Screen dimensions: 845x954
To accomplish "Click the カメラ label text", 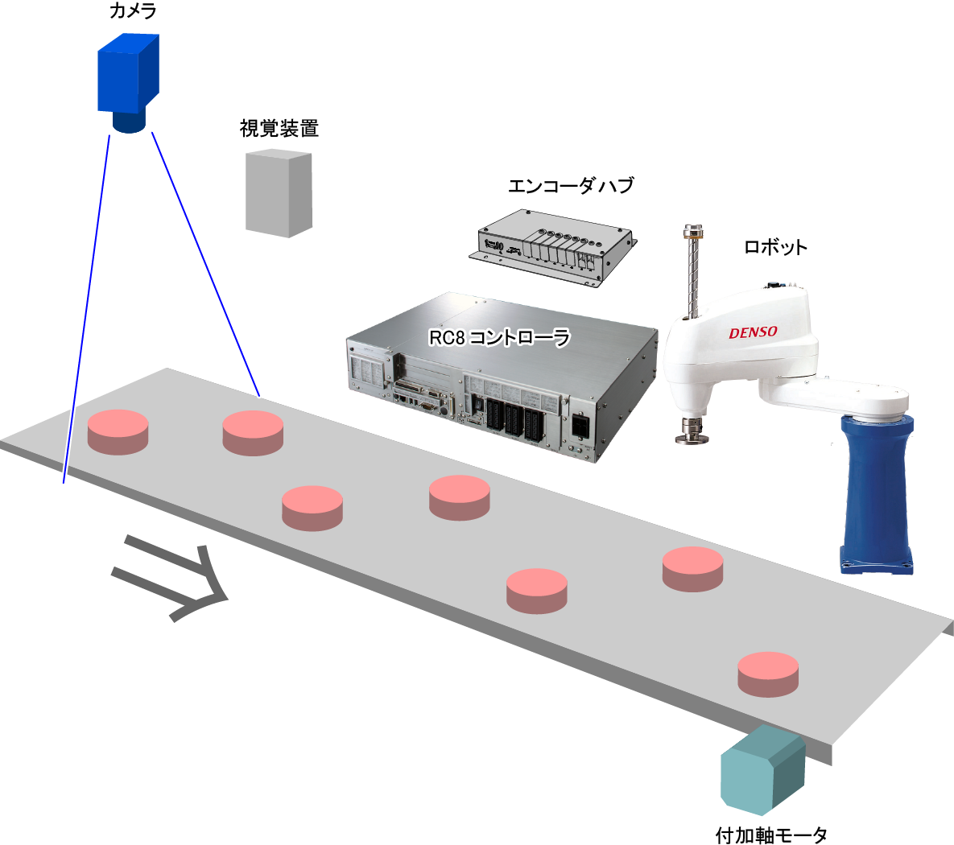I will click(x=132, y=11).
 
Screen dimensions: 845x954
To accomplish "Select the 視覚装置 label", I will click(x=279, y=128).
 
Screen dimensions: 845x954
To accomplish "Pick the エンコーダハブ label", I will click(x=570, y=185).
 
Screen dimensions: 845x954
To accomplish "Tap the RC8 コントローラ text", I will click(x=499, y=336).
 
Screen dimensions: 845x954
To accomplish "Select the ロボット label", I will click(x=774, y=247).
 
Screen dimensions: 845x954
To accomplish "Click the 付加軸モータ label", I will click(x=770, y=835).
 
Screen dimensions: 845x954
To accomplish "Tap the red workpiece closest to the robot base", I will click(x=692, y=568).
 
